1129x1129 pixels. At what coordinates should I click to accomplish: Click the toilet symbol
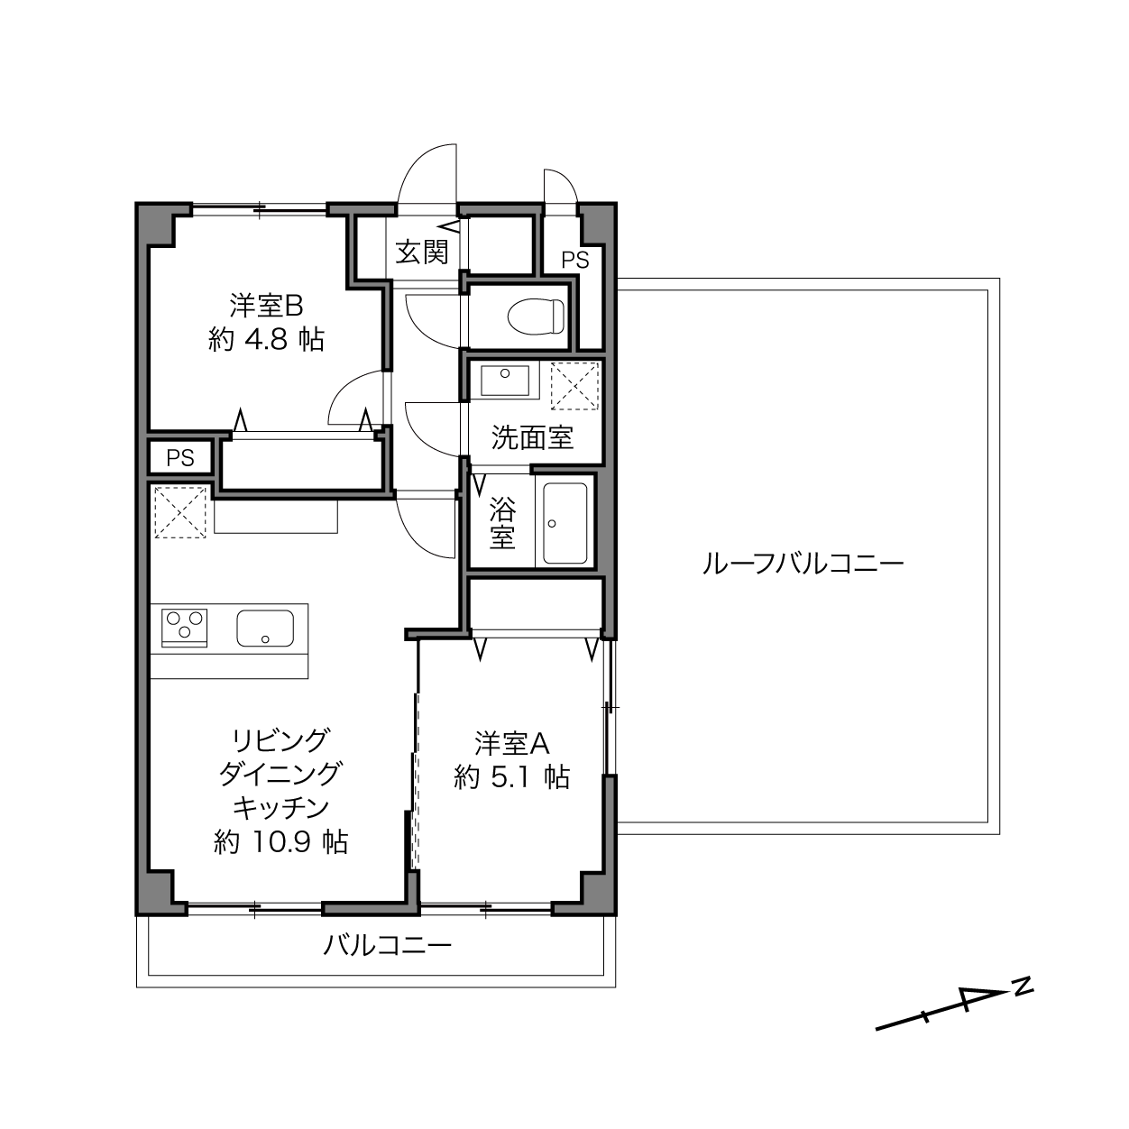click(536, 317)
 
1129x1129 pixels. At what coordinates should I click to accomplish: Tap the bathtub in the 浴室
click(565, 523)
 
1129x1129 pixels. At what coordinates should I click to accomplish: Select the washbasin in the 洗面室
click(504, 381)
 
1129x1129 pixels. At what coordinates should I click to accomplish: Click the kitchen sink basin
click(265, 628)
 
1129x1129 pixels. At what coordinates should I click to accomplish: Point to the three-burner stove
click(185, 627)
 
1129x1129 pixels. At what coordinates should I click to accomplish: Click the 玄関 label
click(422, 252)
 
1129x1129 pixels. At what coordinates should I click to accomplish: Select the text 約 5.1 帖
click(511, 777)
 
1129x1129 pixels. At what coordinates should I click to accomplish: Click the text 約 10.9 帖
click(280, 842)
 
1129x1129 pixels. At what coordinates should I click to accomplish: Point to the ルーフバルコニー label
click(803, 564)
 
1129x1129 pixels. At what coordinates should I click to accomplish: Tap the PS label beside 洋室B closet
click(180, 458)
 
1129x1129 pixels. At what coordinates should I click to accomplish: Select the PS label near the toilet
click(575, 260)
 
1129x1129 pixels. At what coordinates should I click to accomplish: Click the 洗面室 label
click(532, 437)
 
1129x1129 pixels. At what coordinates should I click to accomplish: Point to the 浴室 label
click(502, 523)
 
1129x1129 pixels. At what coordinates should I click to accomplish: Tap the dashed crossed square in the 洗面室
click(574, 386)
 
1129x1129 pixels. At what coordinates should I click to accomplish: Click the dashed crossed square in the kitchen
click(180, 511)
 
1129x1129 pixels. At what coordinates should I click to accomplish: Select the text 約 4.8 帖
click(266, 339)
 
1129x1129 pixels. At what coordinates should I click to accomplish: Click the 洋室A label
click(511, 743)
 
